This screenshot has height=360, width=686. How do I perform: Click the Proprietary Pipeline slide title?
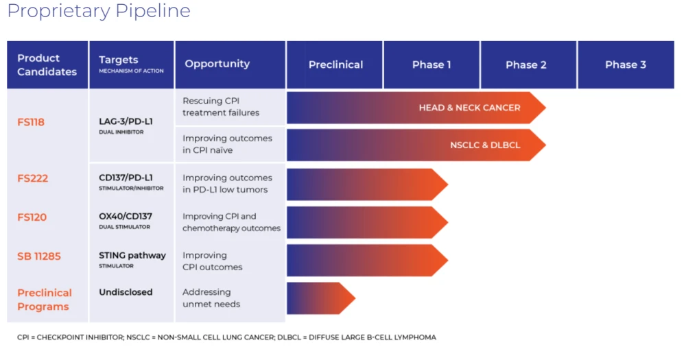(99, 12)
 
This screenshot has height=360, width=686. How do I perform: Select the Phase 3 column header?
(625, 64)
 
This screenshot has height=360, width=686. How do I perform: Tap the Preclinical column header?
(335, 64)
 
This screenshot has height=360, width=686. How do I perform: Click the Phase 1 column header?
(431, 64)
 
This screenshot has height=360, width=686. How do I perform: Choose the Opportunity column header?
(217, 64)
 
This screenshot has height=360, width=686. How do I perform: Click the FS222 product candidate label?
(32, 178)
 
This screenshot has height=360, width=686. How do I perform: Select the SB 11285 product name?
(39, 256)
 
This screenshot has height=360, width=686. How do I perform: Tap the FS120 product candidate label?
(32, 217)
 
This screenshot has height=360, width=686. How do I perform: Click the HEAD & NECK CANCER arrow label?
(469, 108)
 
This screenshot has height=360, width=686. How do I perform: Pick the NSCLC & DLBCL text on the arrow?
(485, 145)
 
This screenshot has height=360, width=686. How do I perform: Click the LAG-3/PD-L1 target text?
(126, 121)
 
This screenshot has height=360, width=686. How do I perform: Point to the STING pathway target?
(132, 256)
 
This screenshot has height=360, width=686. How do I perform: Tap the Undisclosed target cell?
(126, 292)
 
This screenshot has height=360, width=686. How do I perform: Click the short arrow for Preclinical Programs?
(319, 298)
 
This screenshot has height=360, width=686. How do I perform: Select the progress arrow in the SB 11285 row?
(366, 261)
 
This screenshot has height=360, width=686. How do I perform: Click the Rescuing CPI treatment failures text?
(221, 107)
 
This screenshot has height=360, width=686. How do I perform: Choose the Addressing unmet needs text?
(211, 298)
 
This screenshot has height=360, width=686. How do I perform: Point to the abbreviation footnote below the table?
(226, 337)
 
